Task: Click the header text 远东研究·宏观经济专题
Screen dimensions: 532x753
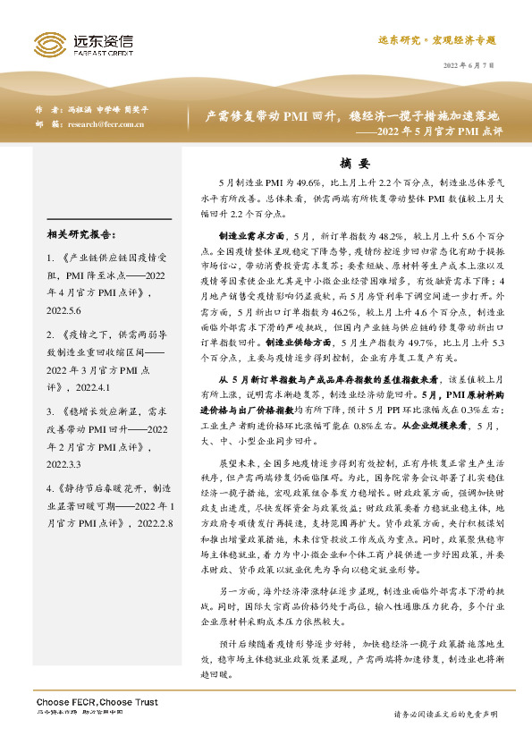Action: pos(436,41)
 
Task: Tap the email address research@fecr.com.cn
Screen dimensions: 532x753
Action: pos(106,124)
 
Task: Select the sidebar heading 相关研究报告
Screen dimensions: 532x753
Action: pos(80,235)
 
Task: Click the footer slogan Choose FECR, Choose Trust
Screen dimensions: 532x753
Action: pos(97,703)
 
